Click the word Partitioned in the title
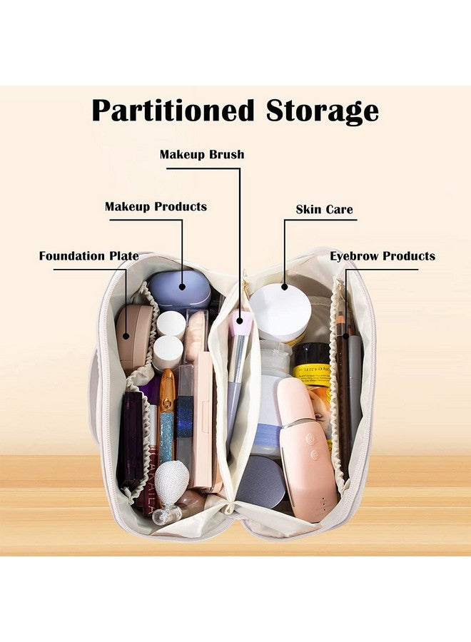173,111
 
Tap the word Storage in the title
323,111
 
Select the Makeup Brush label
202,154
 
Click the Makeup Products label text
156,206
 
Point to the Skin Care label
324,209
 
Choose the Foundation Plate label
89,256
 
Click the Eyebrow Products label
383,256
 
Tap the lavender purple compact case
178,289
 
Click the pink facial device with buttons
305,442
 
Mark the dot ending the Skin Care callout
284,287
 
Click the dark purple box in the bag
132,438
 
